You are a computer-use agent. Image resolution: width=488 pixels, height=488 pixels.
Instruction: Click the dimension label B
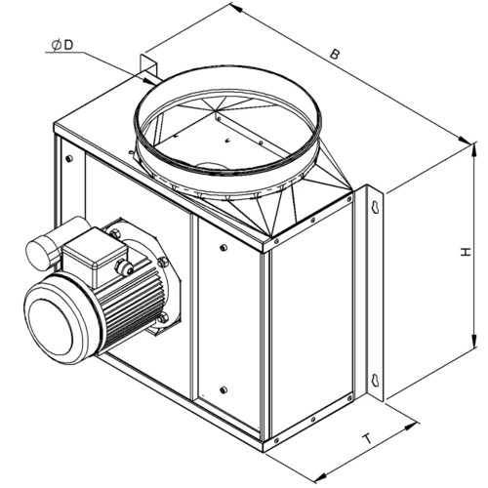334,54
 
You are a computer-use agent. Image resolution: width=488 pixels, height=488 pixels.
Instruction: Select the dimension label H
466,252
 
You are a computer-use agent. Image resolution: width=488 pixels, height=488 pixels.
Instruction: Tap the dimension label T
368,439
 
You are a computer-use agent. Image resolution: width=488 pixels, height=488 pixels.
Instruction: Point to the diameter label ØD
62,45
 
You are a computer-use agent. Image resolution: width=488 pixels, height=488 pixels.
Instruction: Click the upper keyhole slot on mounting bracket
376,207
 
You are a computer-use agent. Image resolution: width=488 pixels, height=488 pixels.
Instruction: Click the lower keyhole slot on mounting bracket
376,380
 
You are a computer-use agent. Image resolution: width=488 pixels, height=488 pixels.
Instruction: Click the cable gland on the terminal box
124,267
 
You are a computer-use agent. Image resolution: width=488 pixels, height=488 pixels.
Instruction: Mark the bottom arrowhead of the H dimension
474,341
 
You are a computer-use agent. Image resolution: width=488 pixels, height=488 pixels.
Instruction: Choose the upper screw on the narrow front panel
224,248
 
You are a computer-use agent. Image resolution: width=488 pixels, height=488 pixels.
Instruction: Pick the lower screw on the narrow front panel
224,389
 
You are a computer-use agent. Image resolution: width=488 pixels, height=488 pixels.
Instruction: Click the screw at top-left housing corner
69,159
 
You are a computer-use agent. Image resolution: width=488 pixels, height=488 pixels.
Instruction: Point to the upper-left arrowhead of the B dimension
237,8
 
